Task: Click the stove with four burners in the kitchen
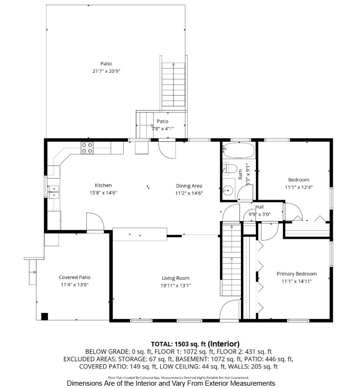(87, 148)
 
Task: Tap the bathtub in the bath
(239, 151)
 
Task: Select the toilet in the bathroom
(229, 168)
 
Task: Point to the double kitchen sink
(54, 192)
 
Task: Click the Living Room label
(176, 278)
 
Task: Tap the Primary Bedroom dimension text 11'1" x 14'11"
(296, 281)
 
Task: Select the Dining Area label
(189, 186)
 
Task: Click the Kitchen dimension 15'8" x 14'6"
(103, 193)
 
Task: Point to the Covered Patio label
(75, 277)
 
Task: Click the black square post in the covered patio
(44, 317)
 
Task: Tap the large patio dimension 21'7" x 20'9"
(106, 71)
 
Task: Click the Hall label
(260, 207)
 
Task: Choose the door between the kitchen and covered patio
(95, 222)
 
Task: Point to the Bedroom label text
(298, 180)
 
